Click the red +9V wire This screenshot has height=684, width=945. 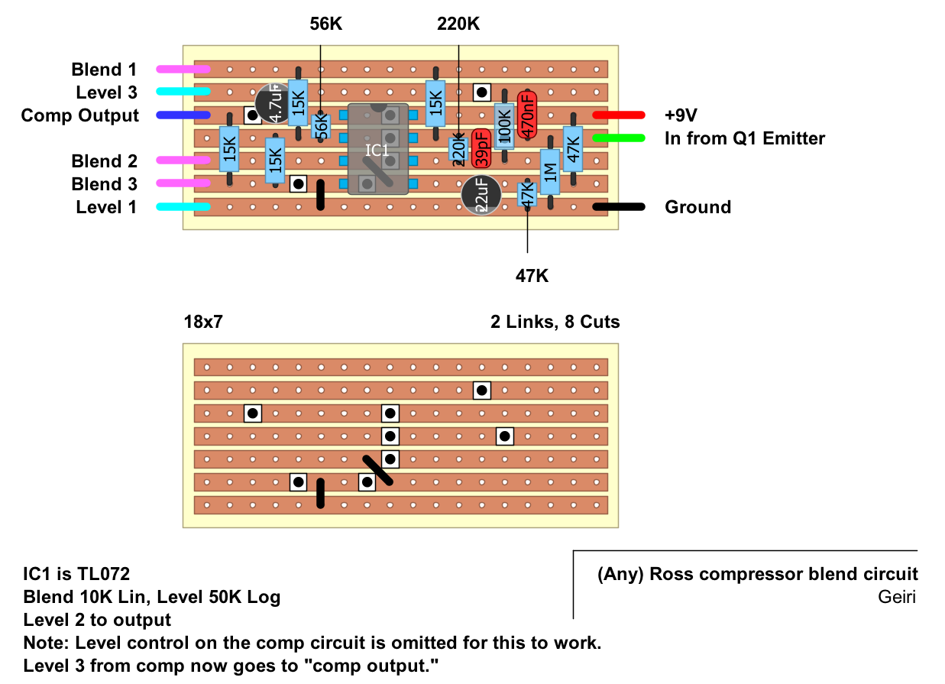618,115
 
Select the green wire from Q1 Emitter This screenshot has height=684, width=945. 618,138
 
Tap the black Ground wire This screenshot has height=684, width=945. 618,207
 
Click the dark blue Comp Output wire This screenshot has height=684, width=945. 183,115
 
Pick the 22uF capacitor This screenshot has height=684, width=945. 481,195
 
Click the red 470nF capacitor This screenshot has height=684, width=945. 527,115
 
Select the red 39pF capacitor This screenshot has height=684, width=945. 481,147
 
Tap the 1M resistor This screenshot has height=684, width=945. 550,172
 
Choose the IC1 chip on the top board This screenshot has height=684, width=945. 377,149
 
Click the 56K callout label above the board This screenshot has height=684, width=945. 326,24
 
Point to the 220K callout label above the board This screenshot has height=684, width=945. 458,24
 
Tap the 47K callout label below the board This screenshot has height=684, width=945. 532,276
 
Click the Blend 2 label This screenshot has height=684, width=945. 105,161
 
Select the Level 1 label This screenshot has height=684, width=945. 106,207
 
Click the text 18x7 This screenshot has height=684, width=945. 205,322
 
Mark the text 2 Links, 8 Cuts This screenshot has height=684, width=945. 555,322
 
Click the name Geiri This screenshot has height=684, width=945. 898,597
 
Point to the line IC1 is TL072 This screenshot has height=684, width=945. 76,574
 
